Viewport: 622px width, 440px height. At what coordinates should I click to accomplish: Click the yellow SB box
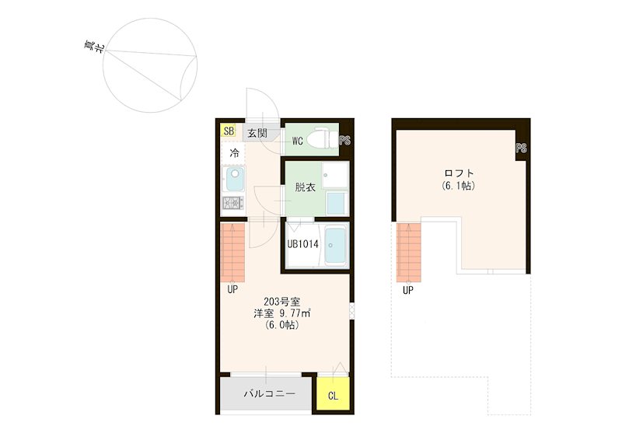[229, 131]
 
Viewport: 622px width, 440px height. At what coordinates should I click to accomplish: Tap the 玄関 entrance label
[257, 133]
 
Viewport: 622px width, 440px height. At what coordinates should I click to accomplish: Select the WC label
[298, 141]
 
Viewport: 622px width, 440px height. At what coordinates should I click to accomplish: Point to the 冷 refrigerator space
[235, 153]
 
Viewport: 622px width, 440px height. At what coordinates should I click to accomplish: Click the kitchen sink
[233, 179]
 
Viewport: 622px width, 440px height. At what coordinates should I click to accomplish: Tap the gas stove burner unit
[232, 203]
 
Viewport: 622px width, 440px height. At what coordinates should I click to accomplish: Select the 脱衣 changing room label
[305, 187]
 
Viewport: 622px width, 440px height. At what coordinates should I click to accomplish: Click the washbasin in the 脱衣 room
[335, 175]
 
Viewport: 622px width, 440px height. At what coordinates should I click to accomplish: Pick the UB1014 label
[302, 244]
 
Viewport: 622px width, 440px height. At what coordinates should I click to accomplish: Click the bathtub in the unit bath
[335, 245]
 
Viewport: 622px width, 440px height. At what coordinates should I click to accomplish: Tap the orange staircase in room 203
[232, 253]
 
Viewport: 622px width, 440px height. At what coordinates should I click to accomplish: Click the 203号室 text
[282, 302]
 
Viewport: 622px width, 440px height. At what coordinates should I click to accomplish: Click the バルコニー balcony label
[270, 393]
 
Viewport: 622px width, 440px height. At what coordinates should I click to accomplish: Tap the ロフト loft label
[459, 173]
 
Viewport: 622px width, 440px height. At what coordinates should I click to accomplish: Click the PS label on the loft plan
[521, 148]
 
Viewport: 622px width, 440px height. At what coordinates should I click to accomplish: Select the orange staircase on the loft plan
[409, 253]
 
